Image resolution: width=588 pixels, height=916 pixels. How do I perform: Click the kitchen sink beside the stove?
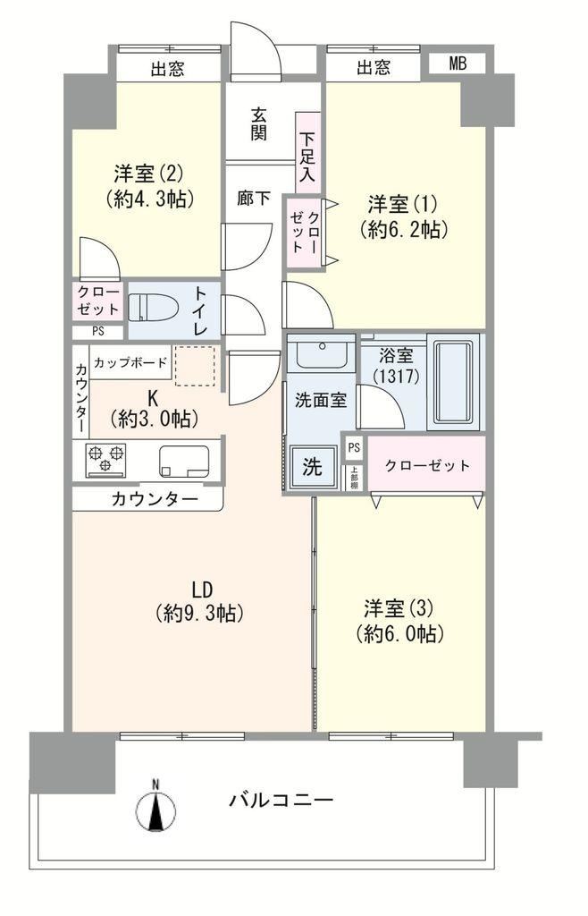184,462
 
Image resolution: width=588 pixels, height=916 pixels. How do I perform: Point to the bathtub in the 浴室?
453,382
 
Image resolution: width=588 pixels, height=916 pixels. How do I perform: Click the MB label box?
458,64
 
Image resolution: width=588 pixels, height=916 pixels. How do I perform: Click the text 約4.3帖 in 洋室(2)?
150,199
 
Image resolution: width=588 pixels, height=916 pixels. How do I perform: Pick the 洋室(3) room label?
399,608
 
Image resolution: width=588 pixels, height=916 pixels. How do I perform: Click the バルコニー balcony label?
281,799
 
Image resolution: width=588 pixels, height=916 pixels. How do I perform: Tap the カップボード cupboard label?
130,362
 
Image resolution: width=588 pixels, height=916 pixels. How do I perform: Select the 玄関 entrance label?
259,123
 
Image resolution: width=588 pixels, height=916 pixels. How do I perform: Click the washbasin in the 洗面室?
322,351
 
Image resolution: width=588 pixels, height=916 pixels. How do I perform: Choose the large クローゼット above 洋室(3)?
427,465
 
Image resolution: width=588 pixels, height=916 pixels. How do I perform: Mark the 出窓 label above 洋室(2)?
168,70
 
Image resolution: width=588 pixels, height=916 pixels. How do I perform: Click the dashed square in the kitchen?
195,366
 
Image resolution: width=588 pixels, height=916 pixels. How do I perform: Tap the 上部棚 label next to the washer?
354,478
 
